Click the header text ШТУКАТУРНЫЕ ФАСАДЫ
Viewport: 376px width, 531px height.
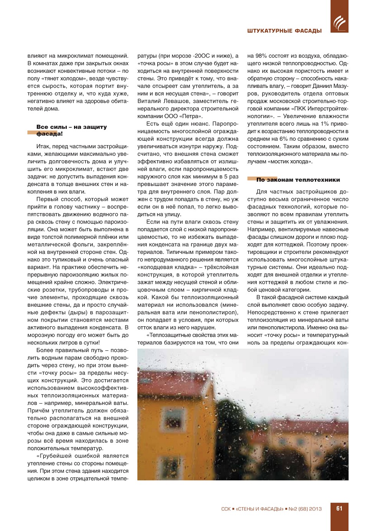tap(284, 31)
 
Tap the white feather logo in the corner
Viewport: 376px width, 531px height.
tap(339, 23)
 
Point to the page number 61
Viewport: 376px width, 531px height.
tap(339, 508)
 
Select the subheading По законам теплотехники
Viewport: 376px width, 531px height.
tap(298, 180)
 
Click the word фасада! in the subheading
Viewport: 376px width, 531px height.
tap(49, 134)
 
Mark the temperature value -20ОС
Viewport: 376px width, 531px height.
tap(202, 56)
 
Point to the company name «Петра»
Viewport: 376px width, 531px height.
tap(191, 116)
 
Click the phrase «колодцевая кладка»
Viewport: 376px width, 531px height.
tap(167, 267)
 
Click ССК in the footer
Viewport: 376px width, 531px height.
tap(226, 509)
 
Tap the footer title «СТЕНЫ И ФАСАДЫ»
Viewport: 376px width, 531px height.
tap(259, 509)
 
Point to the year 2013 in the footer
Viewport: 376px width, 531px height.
tap(315, 509)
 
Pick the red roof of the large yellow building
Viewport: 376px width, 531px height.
tap(169, 378)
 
